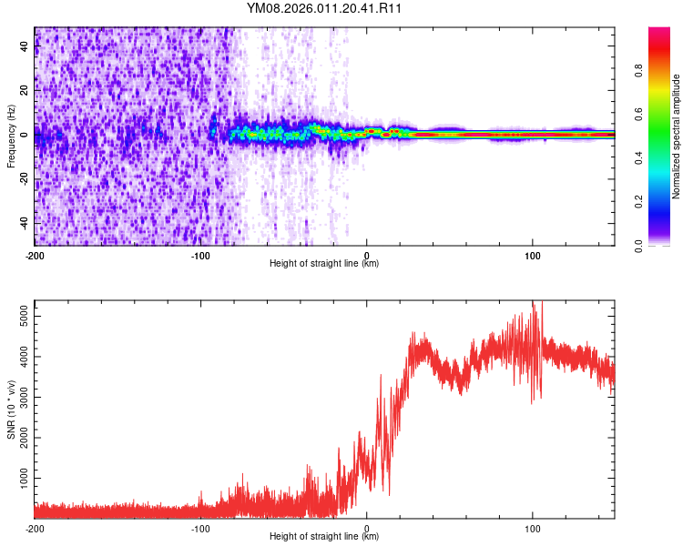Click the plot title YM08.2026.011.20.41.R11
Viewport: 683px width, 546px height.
pyautogui.click(x=324, y=8)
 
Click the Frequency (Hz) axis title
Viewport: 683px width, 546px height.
pyautogui.click(x=11, y=136)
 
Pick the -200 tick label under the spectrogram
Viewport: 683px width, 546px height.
pyautogui.click(x=34, y=254)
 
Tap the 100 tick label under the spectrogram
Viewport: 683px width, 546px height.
pyautogui.click(x=533, y=254)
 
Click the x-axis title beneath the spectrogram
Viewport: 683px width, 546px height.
pyautogui.click(x=324, y=264)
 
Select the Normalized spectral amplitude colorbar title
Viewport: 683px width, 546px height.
pyautogui.click(x=677, y=136)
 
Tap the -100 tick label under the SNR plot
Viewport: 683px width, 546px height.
pyautogui.click(x=200, y=529)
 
